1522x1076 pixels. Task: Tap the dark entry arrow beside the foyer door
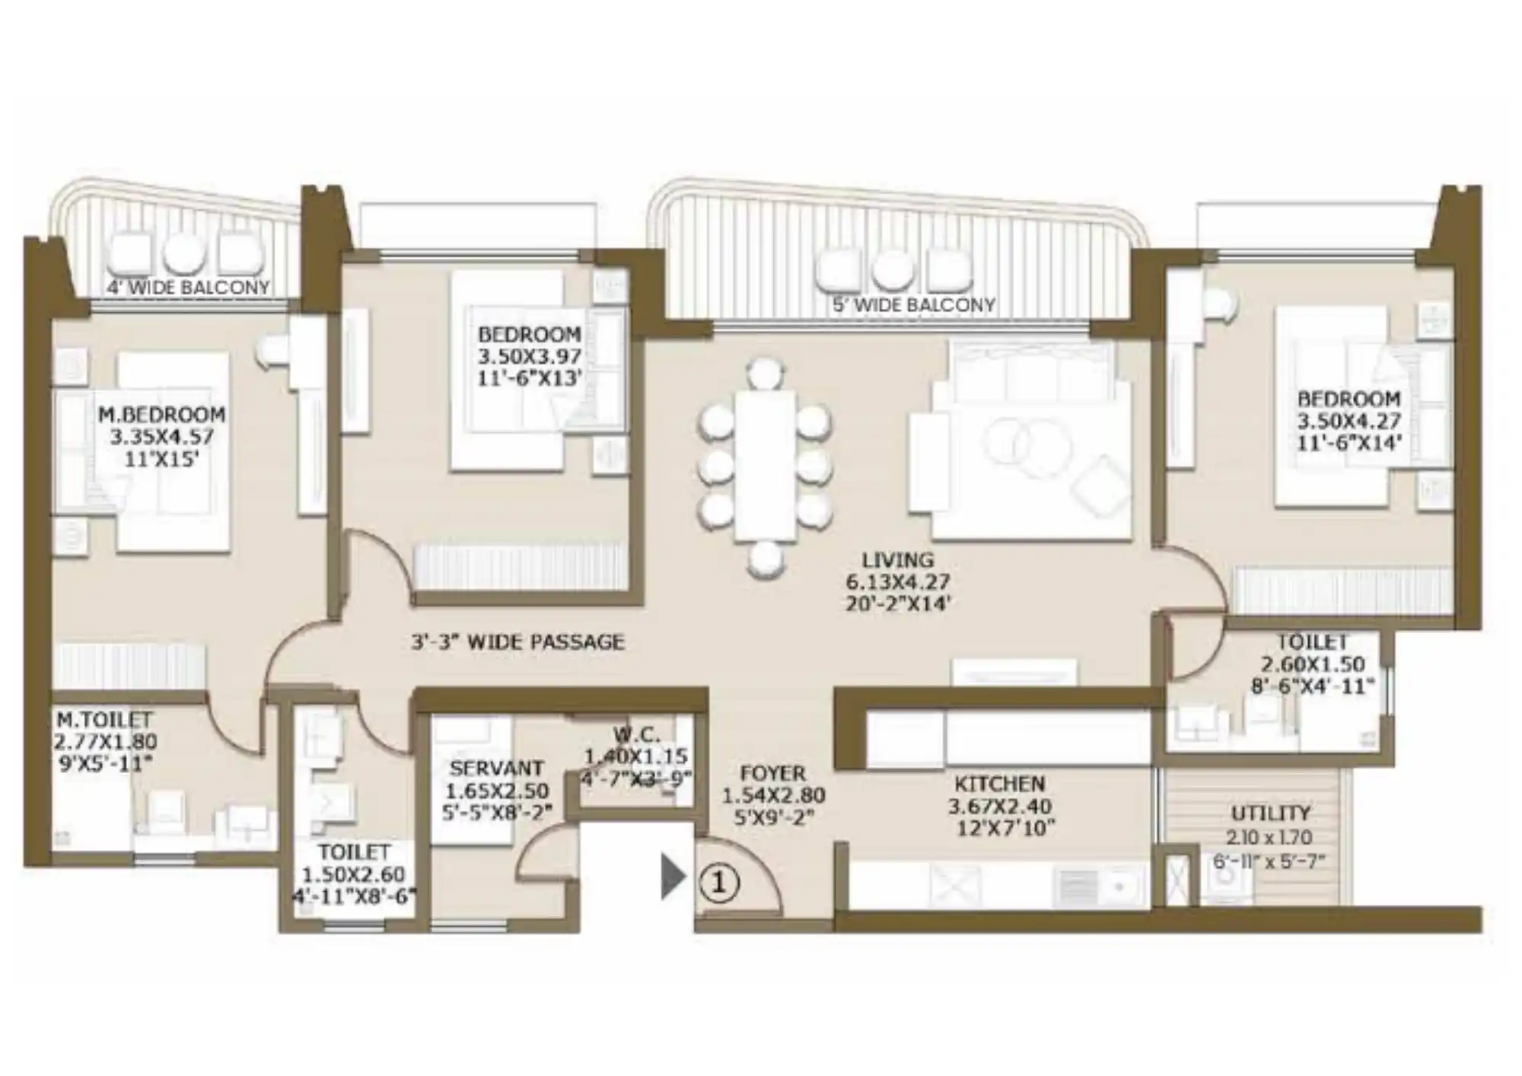673,877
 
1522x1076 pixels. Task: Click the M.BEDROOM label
161,415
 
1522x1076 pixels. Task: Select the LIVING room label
898,560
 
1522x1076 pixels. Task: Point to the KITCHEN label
1000,784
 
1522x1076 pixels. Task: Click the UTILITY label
1270,813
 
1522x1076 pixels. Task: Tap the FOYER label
772,774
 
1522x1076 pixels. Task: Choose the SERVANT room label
496,769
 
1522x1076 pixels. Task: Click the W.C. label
636,735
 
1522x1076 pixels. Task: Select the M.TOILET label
104,720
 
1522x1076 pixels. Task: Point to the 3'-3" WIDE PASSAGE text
517,642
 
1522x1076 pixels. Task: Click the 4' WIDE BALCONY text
188,288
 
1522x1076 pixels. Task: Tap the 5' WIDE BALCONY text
913,305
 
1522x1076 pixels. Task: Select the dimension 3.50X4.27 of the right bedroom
1348,421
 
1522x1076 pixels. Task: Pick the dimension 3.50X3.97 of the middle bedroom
529,356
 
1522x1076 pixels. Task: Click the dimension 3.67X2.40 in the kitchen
1000,806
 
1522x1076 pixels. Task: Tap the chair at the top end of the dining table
766,374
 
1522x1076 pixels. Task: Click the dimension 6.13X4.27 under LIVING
898,582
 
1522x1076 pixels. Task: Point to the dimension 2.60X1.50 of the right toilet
1313,664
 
